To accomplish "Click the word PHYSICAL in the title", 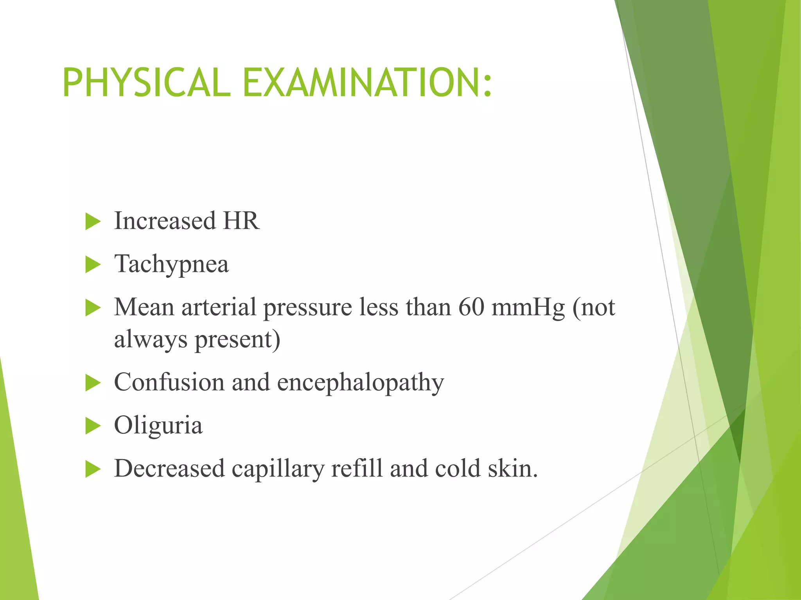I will pyautogui.click(x=146, y=82).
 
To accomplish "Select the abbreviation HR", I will pyautogui.click(x=241, y=221).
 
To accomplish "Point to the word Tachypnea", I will pyautogui.click(x=171, y=264).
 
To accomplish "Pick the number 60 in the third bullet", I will pyautogui.click(x=471, y=307).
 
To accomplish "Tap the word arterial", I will pyautogui.click(x=219, y=307).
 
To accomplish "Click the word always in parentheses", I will pyautogui.click(x=151, y=339).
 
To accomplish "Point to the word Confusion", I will pyautogui.click(x=169, y=382).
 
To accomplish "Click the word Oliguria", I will pyautogui.click(x=158, y=425).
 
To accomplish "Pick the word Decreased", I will pyautogui.click(x=169, y=468).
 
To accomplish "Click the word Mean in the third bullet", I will pyautogui.click(x=144, y=307).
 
